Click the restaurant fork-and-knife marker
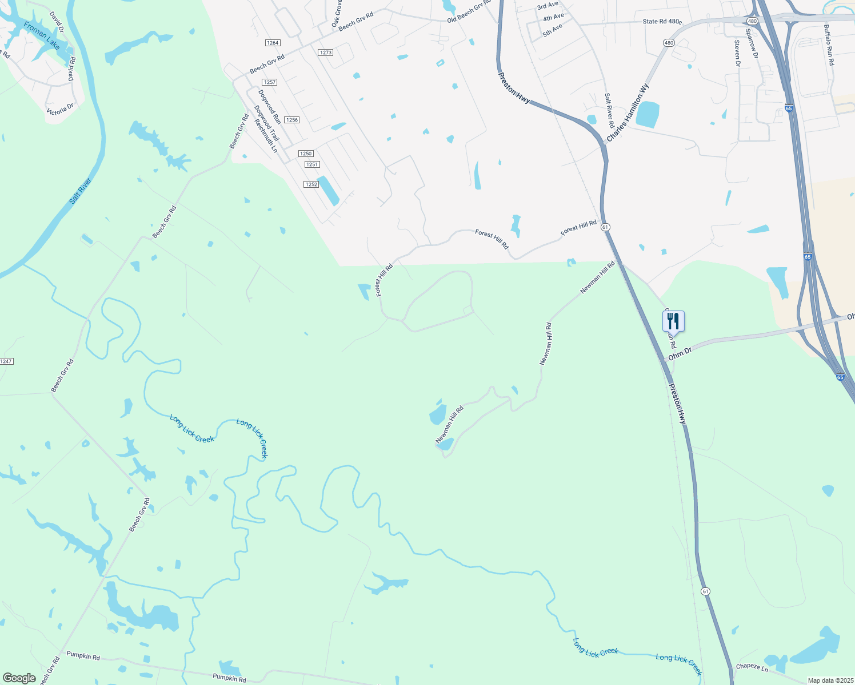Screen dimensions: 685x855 (x=673, y=321)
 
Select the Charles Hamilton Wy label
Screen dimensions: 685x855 (x=628, y=113)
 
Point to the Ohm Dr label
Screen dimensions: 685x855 (x=680, y=353)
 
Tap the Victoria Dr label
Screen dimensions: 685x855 (x=60, y=109)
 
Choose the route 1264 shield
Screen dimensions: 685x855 (x=273, y=43)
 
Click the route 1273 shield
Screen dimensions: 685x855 (x=326, y=53)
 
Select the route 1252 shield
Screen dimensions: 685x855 (x=311, y=184)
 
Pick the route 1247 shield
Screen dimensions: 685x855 (x=6, y=361)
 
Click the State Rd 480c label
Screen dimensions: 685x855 (x=662, y=22)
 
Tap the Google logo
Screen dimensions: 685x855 (x=19, y=678)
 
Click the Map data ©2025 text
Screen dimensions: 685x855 (x=830, y=680)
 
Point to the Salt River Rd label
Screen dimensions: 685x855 (x=610, y=111)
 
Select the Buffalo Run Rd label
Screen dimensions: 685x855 (x=829, y=45)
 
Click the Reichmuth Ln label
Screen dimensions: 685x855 (x=266, y=135)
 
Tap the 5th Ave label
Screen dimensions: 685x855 (x=553, y=30)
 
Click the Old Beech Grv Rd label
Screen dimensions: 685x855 (x=469, y=11)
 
